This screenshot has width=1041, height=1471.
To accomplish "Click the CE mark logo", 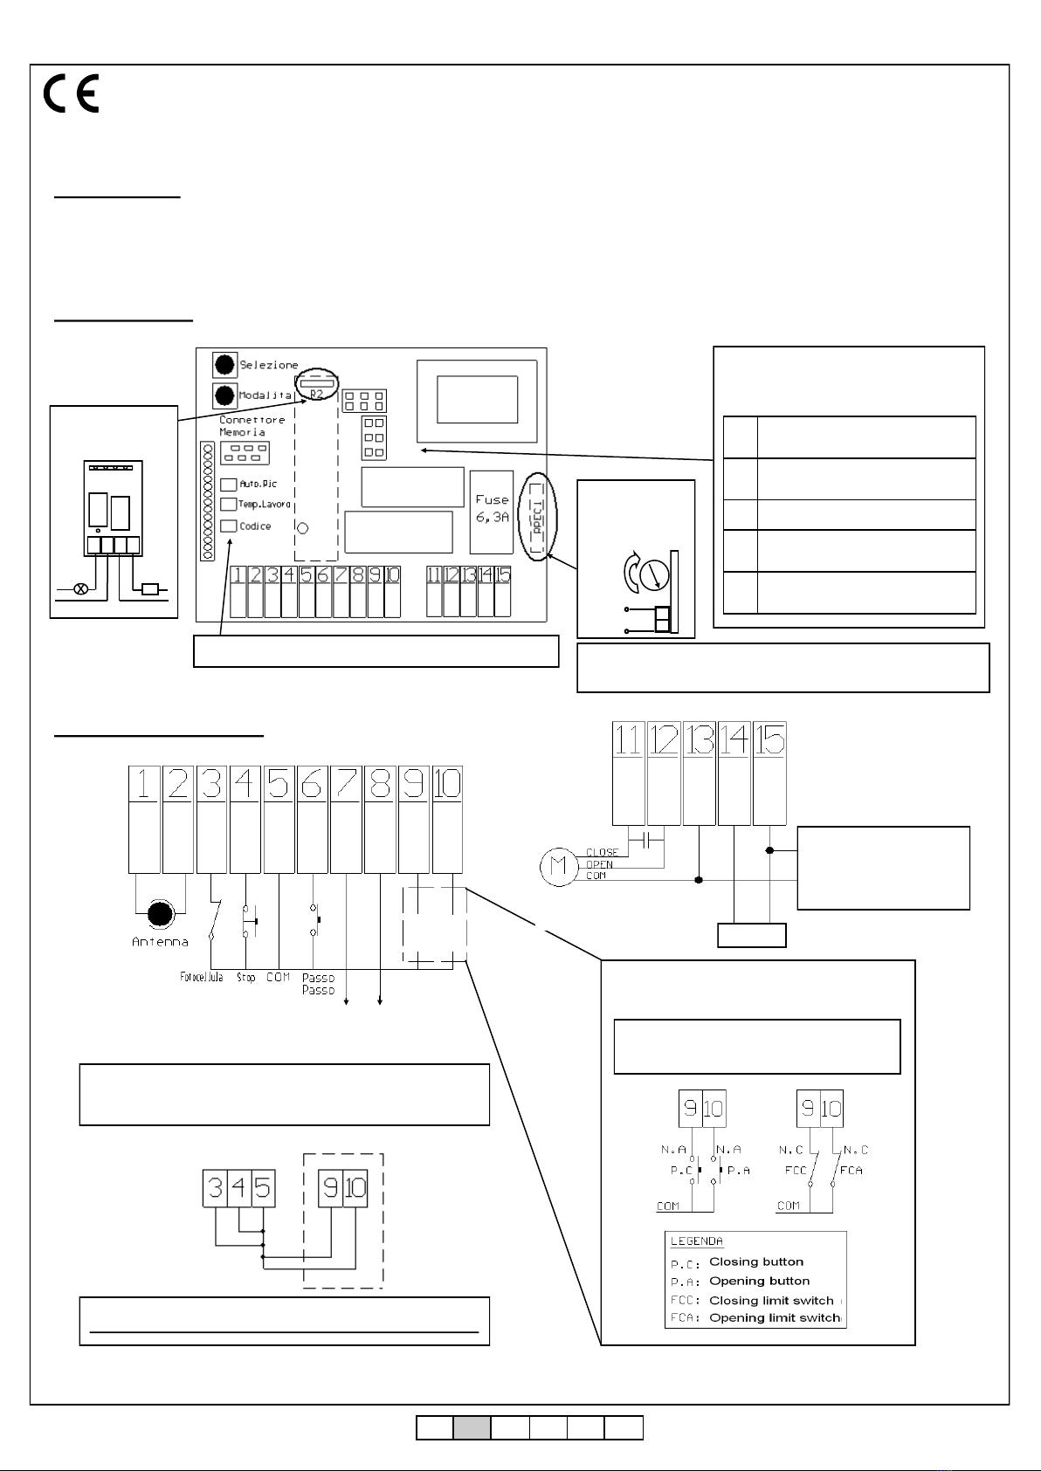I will [x=72, y=93].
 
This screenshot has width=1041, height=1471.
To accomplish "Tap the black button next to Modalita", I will [x=225, y=395].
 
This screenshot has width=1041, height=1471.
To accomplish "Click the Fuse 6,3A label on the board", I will [x=492, y=508].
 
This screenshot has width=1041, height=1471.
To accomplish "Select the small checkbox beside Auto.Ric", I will [x=228, y=484].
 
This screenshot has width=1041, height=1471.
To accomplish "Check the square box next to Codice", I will [x=228, y=526].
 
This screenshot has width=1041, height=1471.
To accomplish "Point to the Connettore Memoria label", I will [x=252, y=426].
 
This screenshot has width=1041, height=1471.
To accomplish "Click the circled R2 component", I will [x=316, y=386].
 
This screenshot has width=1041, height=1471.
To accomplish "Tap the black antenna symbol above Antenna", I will [x=160, y=914].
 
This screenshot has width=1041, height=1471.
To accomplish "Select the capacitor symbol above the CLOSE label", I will [x=647, y=840].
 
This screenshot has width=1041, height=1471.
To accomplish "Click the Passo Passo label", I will [x=318, y=984].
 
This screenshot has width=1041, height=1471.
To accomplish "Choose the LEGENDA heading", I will [x=696, y=1241].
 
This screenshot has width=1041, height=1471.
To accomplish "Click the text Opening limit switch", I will [x=773, y=1317].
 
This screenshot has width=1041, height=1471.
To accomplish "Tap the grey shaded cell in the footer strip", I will [x=472, y=1427].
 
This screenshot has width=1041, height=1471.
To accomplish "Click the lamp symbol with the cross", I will [x=80, y=589].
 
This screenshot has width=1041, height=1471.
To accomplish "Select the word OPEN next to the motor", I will [x=600, y=864].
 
